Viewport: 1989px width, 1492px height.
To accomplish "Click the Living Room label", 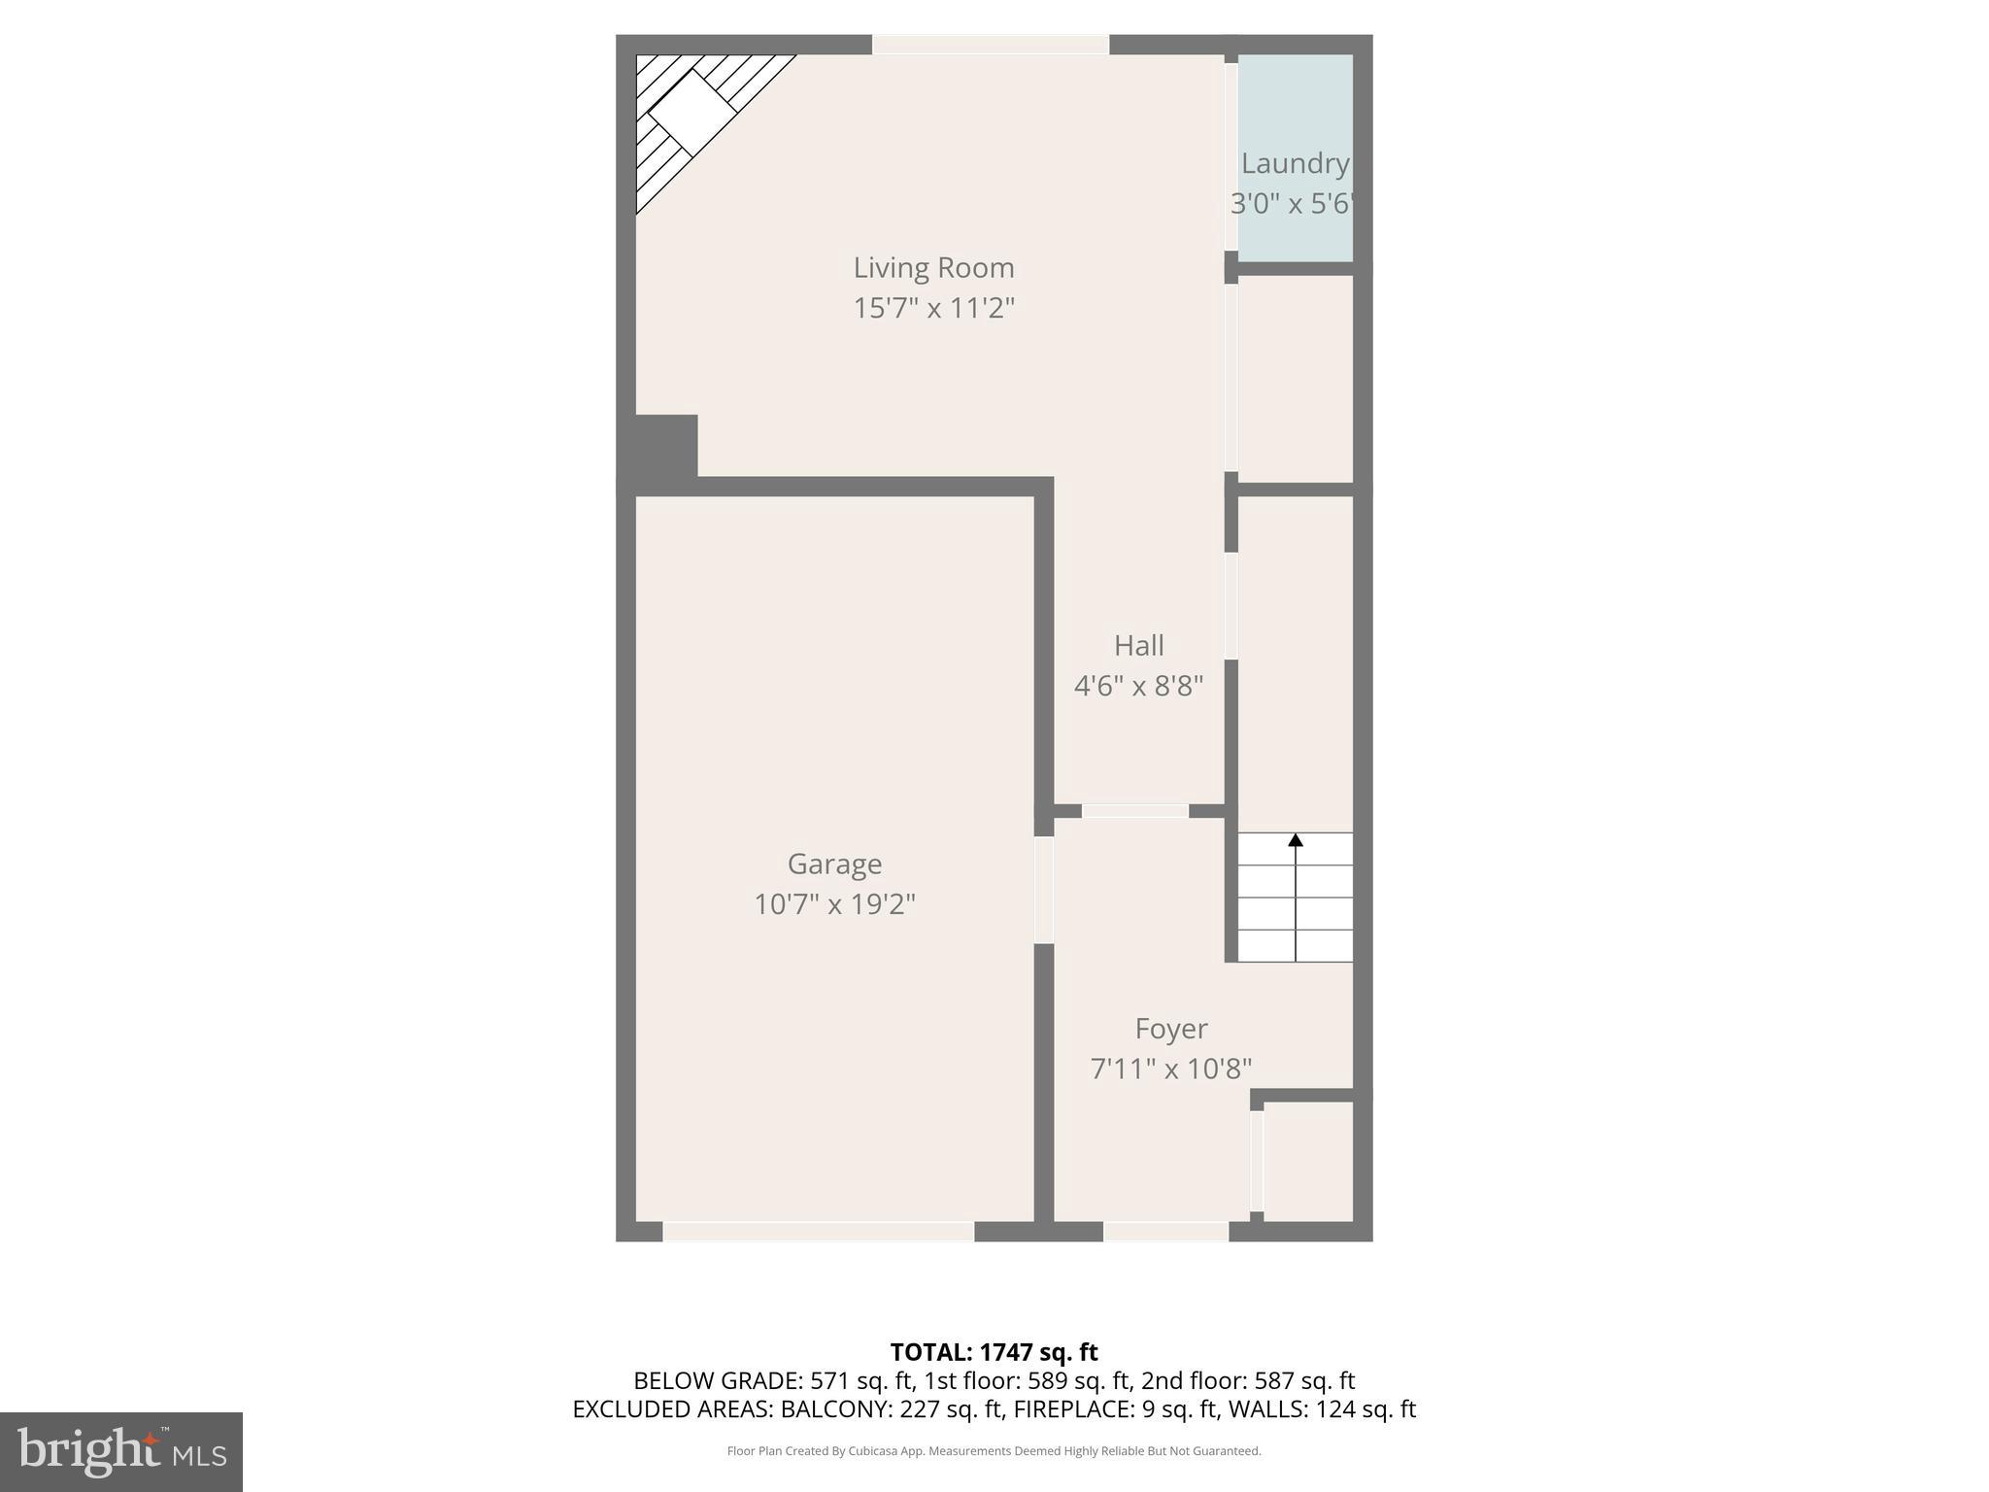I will (933, 267).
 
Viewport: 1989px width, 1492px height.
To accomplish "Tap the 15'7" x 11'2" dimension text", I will (933, 308).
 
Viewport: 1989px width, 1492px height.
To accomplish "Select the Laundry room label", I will (1295, 163).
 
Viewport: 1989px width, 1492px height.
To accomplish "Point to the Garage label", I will (834, 864).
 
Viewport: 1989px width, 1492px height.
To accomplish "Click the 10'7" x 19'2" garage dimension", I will (834, 904).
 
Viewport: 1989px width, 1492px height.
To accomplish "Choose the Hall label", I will (1138, 645).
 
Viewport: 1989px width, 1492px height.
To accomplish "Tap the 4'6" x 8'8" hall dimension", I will (1138, 686).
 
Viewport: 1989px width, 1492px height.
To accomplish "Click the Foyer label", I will (1171, 1028).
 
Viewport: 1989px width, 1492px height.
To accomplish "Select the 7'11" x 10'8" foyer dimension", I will (1171, 1068).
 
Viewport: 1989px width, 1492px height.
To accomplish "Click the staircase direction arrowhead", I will (1296, 840).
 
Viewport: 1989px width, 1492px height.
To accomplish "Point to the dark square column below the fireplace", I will (666, 446).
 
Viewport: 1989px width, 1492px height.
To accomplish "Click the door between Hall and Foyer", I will (1135, 811).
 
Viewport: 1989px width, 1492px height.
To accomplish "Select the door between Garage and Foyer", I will (1044, 890).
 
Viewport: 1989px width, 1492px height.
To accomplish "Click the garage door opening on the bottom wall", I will (818, 1232).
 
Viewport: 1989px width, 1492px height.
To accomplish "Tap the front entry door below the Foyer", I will (1165, 1232).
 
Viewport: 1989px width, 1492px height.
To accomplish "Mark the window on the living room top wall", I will (990, 45).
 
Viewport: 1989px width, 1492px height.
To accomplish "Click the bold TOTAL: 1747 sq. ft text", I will (994, 1352).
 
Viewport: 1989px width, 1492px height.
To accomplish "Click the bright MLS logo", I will (121, 1451).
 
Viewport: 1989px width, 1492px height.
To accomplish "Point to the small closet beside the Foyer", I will (1307, 1162).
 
